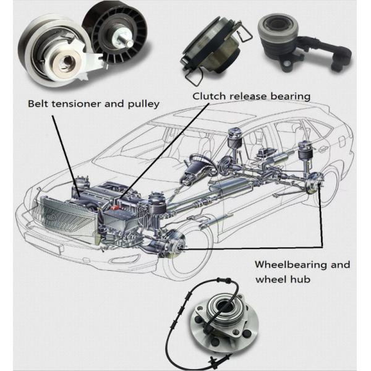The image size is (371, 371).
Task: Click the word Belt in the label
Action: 38,103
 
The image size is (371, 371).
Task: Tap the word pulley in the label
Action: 142,103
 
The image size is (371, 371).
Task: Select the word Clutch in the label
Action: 208,96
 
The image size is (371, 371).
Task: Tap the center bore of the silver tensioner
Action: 64,62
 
